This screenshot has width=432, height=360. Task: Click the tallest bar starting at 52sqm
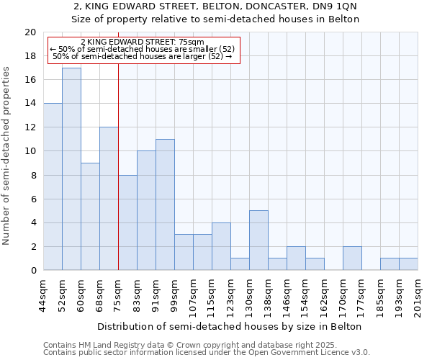(x=71, y=169)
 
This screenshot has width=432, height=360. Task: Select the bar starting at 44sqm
(x=53, y=187)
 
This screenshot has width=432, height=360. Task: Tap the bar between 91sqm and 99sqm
(x=165, y=204)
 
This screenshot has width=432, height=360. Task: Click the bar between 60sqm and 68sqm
(x=90, y=217)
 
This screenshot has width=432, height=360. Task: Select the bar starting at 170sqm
(x=352, y=258)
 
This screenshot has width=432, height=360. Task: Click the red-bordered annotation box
(x=143, y=50)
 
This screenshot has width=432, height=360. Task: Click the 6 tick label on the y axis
(x=32, y=199)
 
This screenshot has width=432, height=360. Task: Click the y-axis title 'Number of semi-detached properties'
(x=8, y=155)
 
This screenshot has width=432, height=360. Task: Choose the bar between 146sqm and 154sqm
(x=296, y=258)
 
